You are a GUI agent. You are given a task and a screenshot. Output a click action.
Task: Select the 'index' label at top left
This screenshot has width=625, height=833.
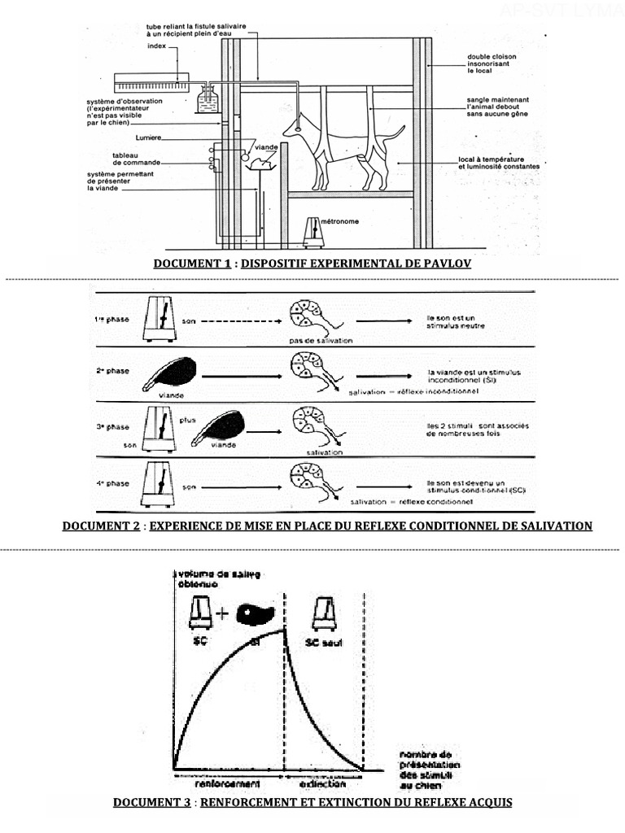[x=156, y=46]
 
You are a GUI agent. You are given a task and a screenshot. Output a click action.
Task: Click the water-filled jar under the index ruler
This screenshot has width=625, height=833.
[x=208, y=102]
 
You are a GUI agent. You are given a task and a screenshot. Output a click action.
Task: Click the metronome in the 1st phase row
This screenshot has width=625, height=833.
[x=160, y=319]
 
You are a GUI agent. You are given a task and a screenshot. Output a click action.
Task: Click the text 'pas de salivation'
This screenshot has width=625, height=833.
[x=320, y=341]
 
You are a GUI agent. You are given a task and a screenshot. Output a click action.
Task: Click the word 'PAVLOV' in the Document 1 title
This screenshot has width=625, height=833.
[x=446, y=264]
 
